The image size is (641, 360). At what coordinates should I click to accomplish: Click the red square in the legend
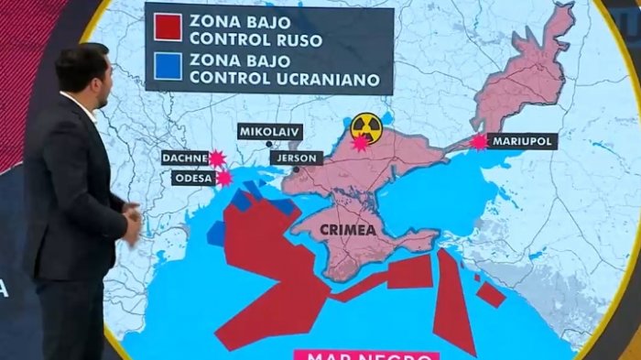coord(168,27)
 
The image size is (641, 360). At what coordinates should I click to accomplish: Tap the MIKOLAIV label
coord(269,131)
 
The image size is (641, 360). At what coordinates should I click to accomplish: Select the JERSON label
coord(297,158)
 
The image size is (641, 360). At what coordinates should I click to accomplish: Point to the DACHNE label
coord(185,158)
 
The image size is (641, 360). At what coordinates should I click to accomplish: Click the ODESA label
coord(192,178)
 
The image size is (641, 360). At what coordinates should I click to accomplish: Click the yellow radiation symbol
coord(366,125)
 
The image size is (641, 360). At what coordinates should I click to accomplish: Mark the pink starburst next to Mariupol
coord(478,142)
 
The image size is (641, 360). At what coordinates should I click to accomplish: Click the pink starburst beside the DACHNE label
coord(217,158)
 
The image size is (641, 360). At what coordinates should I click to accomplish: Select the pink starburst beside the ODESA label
coord(223,179)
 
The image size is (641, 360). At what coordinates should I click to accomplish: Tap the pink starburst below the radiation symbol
coord(360,143)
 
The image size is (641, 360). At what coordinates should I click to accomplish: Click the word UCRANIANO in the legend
coord(324,80)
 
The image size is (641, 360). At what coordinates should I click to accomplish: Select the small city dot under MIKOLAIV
coord(268,144)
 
